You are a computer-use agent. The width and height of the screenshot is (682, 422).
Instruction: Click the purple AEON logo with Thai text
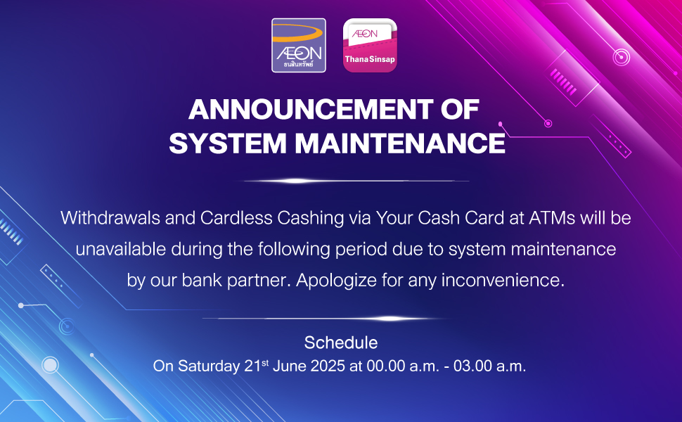299,45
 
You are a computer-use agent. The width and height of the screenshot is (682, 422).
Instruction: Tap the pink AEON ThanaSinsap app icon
370,45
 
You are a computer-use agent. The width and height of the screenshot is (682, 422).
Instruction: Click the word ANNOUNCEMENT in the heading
311,109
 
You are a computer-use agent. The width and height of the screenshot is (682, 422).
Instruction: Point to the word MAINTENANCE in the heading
400,143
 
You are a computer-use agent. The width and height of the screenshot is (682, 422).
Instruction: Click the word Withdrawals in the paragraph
110,217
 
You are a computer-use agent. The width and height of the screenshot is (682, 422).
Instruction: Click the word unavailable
120,249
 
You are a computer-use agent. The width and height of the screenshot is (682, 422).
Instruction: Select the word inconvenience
503,280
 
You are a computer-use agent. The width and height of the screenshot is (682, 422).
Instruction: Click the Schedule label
341,343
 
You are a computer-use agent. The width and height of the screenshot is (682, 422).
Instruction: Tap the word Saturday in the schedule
209,366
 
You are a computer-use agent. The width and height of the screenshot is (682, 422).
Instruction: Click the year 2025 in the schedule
328,366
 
